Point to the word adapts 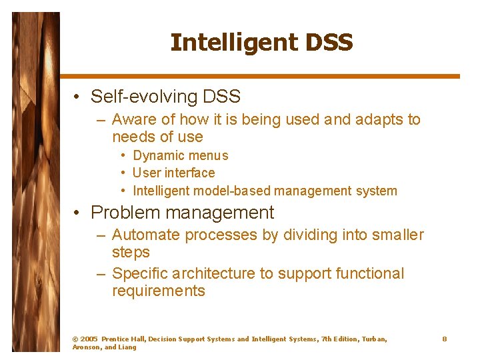pyautogui.click(x=375, y=120)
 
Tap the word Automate pyautogui.click(x=146, y=235)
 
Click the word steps pyautogui.click(x=131, y=253)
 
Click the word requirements pyautogui.click(x=159, y=291)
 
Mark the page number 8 pyautogui.click(x=444, y=339)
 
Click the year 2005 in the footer pyautogui.click(x=89, y=339)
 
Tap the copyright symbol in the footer pyautogui.click(x=75, y=339)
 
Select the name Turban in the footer pyautogui.click(x=373, y=339)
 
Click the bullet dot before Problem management pyautogui.click(x=78, y=213)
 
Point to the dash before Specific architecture pyautogui.click(x=101, y=274)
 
